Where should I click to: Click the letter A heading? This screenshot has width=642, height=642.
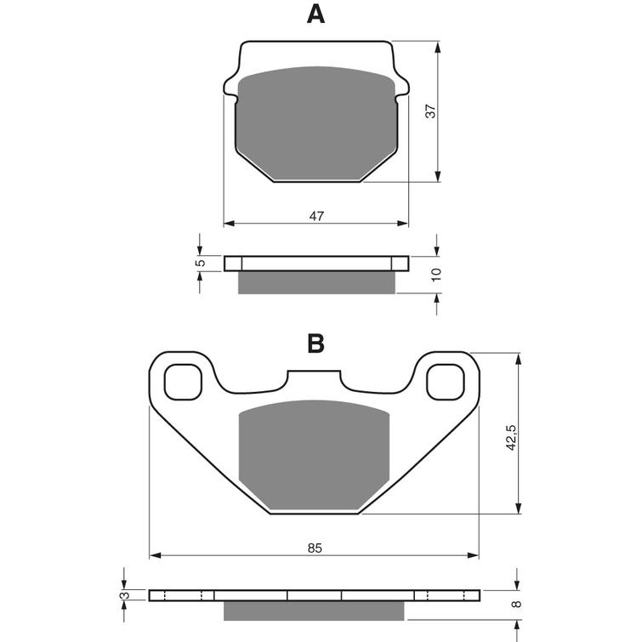315,14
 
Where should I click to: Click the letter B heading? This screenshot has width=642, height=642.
315,344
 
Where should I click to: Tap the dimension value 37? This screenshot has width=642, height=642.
431,111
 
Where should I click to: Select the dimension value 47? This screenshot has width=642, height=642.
316,216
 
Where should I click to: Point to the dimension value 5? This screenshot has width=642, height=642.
200,263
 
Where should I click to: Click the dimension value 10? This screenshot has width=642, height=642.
436,274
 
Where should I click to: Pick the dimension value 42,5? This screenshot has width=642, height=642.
511,438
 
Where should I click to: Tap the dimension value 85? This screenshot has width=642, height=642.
315,548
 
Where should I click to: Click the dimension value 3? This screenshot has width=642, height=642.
126,595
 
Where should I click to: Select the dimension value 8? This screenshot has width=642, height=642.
518,604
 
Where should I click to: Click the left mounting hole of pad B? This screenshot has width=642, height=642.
183,382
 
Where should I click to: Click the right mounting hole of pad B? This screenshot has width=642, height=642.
446,382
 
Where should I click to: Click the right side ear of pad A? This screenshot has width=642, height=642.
401,87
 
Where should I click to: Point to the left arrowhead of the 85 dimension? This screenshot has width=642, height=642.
155,555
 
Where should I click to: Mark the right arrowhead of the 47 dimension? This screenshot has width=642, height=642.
403,223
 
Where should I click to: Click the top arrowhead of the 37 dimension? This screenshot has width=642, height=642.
438,47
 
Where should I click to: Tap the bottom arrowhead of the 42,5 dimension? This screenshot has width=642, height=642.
519,508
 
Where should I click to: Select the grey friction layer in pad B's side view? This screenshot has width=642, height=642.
314,611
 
